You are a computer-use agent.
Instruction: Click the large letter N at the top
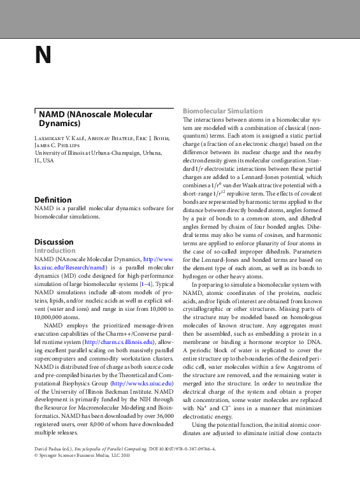pos(43,55)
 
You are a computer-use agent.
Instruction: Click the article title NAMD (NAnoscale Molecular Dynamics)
pos(96,119)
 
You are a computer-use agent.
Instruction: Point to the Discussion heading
pos(54,242)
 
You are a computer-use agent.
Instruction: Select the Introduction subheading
pos(55,251)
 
